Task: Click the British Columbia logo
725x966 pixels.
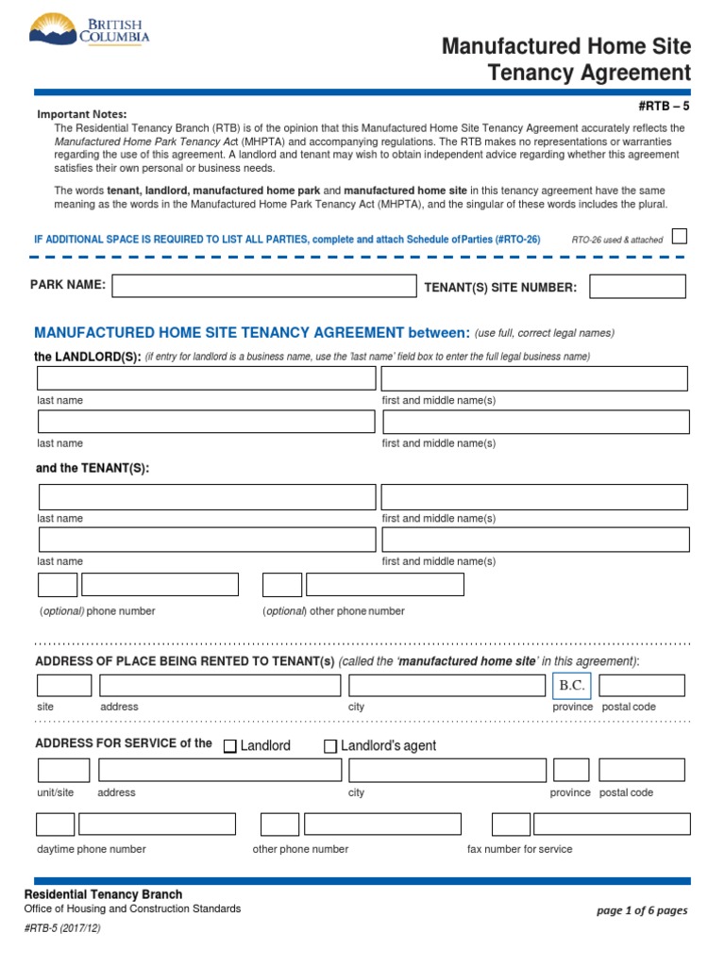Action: tap(90, 32)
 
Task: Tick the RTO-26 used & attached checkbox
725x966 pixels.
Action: tap(679, 236)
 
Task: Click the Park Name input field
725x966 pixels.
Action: tap(263, 286)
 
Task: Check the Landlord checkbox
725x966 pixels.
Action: tap(230, 746)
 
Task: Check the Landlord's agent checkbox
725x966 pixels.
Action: tap(330, 746)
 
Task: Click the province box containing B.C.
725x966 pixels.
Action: tap(572, 685)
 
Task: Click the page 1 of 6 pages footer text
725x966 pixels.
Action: tap(642, 910)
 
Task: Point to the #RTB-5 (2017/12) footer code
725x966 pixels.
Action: tap(62, 928)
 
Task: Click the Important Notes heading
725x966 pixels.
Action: tap(81, 114)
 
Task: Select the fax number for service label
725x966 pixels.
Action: tap(519, 849)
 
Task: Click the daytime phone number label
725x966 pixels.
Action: tap(92, 849)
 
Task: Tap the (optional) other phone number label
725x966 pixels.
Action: tap(333, 611)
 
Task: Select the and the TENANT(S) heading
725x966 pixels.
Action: tap(93, 468)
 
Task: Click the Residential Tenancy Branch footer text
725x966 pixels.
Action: tap(103, 894)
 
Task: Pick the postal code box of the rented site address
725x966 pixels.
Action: tap(642, 685)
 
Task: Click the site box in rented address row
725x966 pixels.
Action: tap(64, 685)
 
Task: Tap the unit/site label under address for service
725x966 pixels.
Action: tap(56, 792)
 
